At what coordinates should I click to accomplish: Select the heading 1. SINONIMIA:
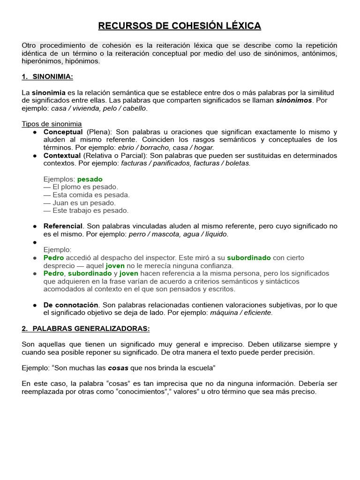(47, 77)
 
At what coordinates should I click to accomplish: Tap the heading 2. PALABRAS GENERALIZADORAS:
(86, 329)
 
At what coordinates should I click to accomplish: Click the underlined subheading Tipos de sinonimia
(52, 124)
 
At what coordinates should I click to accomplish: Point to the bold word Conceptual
(63, 132)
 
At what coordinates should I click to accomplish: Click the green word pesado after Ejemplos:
(90, 179)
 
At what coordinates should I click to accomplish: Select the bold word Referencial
(63, 226)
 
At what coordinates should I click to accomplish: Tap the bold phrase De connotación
(71, 305)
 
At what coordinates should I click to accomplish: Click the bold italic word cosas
(119, 368)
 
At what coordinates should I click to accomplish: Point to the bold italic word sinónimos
(294, 100)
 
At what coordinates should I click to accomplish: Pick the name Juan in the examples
(61, 203)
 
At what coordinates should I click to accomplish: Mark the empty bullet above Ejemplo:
(35, 242)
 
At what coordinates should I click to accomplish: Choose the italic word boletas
(238, 163)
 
